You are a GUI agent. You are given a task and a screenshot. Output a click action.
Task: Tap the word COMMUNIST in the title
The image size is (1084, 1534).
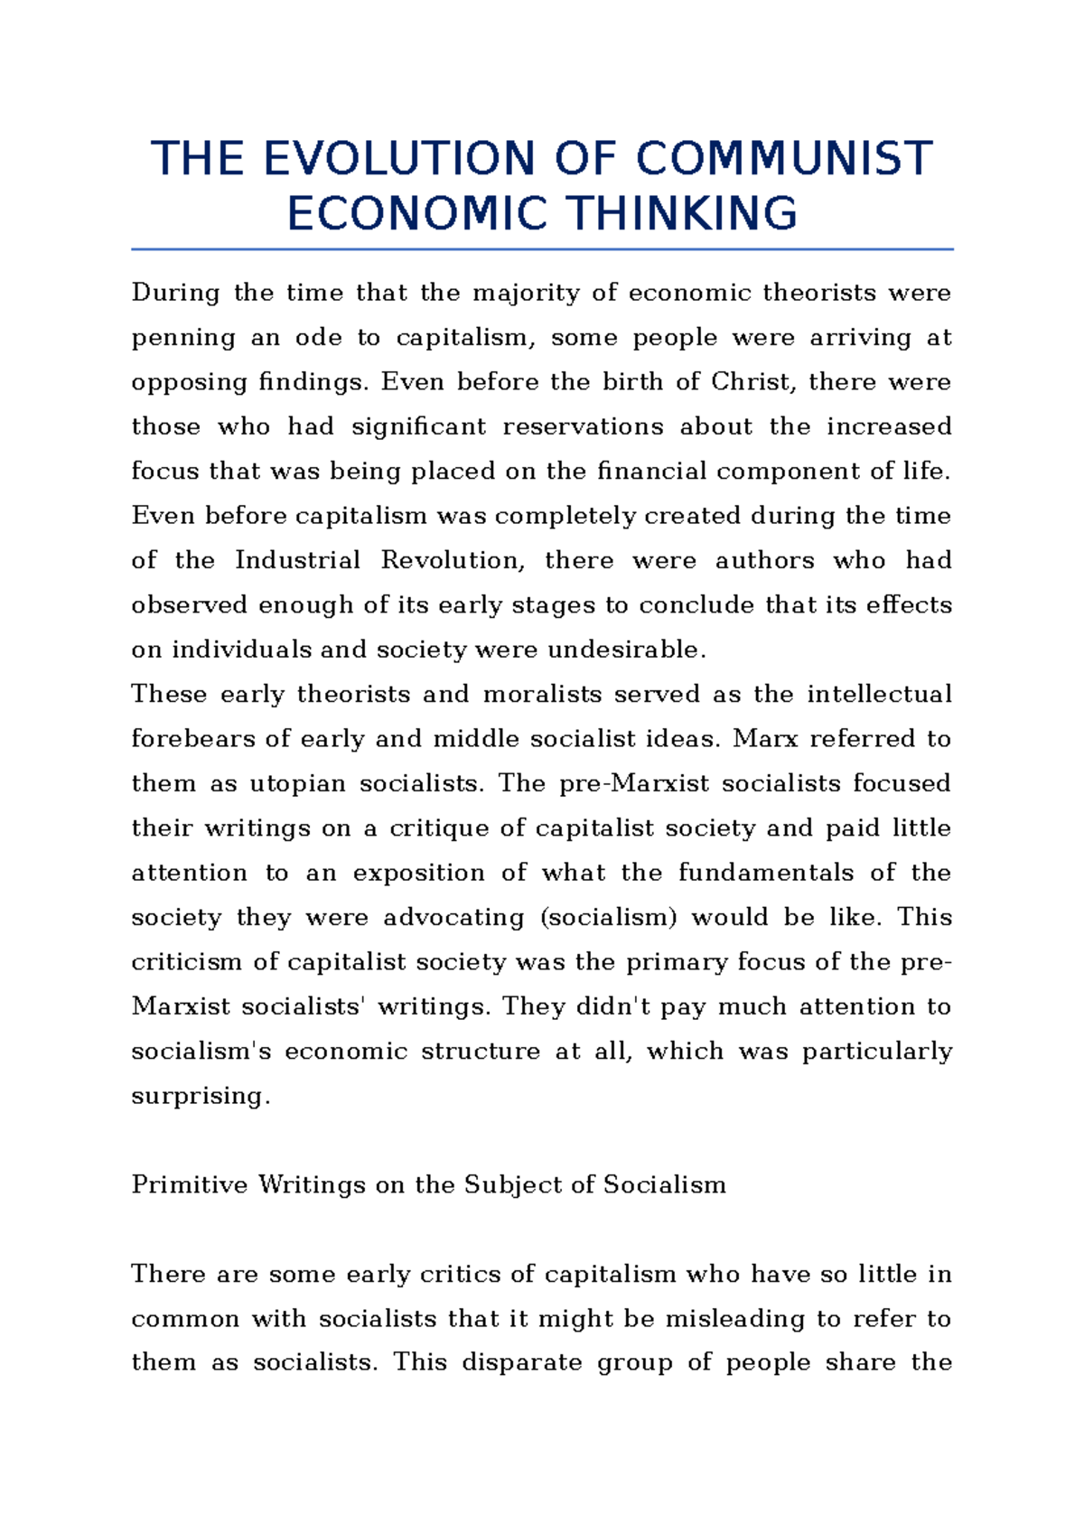[784, 159]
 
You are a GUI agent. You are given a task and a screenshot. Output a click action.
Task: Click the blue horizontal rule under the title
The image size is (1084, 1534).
[542, 248]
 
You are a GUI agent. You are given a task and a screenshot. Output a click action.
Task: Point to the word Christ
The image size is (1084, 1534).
[753, 382]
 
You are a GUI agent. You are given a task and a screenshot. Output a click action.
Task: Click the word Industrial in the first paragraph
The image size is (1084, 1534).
[297, 560]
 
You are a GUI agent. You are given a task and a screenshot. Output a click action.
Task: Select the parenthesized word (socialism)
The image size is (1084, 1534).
[608, 917]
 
